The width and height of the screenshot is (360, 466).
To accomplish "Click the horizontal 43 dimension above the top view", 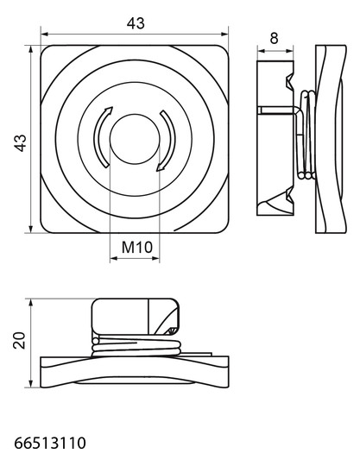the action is point(136,23).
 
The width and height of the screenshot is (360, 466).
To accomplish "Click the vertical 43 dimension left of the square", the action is point(21,143).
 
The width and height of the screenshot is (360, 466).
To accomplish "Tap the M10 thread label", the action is point(137,247).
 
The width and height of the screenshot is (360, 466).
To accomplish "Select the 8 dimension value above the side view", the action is point(274,38).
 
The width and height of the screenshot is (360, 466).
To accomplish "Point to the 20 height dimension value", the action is point(19,340).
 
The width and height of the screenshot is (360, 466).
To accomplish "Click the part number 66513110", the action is point(50,443).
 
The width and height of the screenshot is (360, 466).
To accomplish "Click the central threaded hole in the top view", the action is point(135,139).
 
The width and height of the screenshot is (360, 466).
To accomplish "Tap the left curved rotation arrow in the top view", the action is point(101,137).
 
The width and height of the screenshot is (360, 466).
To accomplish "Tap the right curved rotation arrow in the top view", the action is point(167,141).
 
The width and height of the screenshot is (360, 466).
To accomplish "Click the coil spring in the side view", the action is point(306,135).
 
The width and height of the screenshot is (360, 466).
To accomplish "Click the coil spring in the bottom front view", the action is point(136,346).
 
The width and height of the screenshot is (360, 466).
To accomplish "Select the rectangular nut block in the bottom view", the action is point(136,316).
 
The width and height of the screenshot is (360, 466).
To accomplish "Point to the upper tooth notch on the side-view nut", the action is point(290,82).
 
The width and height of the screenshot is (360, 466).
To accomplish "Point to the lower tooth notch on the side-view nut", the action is point(290,195).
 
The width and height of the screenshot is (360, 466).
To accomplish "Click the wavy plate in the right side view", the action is point(331,139).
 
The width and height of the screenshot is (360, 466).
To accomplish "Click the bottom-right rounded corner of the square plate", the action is point(224,229).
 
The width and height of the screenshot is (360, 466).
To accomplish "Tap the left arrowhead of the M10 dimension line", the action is point(114,259).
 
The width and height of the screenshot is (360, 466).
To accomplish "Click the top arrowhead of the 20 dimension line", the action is point(30,302).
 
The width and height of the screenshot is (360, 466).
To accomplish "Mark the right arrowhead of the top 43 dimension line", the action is point(224,35).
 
